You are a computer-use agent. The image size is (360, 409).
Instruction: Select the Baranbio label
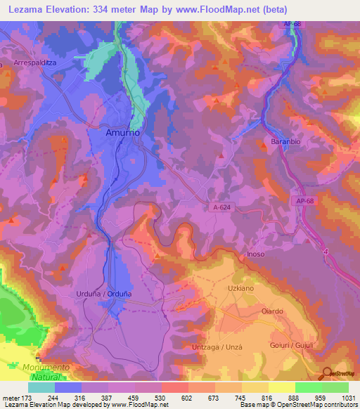click(285, 143)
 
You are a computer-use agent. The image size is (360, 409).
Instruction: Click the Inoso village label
click(276, 254)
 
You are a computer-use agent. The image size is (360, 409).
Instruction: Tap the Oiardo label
click(272, 311)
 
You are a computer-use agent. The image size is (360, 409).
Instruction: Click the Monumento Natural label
click(46, 372)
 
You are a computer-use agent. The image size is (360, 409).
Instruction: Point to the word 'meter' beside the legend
click(10, 397)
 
